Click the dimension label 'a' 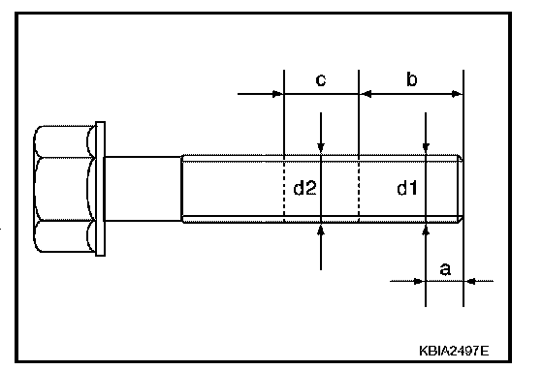pyautogui.click(x=445, y=269)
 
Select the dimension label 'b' pyautogui.click(x=412, y=79)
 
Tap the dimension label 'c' pyautogui.click(x=321, y=80)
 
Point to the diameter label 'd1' pyautogui.click(x=407, y=189)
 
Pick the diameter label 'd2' pyautogui.click(x=304, y=189)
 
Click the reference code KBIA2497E pyautogui.click(x=454, y=351)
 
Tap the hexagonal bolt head pyautogui.click(x=64, y=189)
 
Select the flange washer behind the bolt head pyautogui.click(x=100, y=189)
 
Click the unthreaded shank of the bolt pyautogui.click(x=143, y=189)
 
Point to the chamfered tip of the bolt pyautogui.click(x=460, y=189)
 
